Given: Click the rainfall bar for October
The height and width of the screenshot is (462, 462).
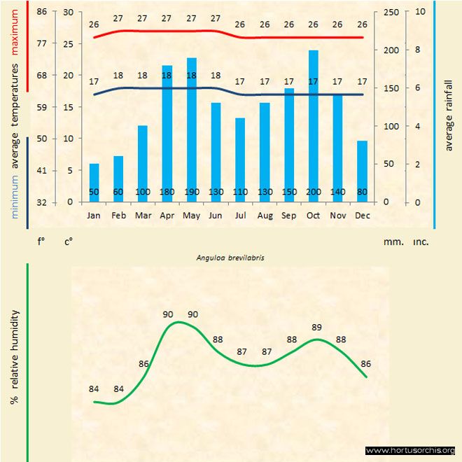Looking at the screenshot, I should [313, 126].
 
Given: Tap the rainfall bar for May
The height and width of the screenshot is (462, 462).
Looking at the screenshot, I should [191, 129].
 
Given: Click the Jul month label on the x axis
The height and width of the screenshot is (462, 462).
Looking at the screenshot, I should [240, 216].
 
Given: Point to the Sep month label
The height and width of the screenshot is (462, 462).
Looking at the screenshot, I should [289, 216].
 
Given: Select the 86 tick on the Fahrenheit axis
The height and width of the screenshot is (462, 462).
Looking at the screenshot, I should [42, 12].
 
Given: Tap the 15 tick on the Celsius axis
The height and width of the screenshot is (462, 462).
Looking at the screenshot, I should [68, 107].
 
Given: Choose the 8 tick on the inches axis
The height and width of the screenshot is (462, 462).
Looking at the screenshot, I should [418, 50].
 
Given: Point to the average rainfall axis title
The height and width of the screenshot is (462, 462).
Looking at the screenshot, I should [449, 113].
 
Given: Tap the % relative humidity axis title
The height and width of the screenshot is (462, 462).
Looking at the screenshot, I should [14, 357].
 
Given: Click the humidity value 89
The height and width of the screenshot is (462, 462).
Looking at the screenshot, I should [316, 327].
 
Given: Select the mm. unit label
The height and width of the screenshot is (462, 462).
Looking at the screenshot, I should [393, 241].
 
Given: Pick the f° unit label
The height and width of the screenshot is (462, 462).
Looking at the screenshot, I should [41, 241].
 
